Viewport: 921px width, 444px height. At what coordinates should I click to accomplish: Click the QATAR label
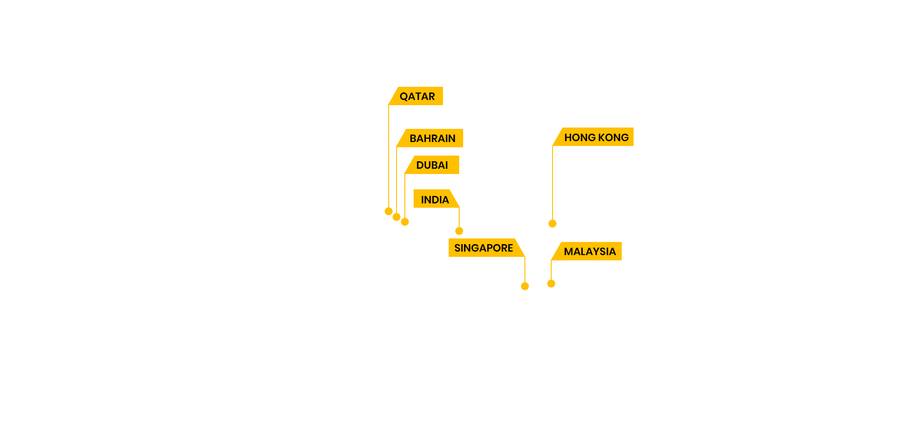coord(417,96)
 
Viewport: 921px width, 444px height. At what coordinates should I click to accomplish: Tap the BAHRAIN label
coord(432,139)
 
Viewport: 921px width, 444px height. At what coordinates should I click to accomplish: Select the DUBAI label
coord(432,165)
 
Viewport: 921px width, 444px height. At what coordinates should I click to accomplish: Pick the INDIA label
coord(435,200)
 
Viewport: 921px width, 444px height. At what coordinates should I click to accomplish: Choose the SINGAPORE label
coord(484,248)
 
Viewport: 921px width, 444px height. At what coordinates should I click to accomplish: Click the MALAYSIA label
coord(589,252)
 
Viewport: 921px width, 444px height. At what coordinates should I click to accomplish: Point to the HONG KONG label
coord(596,138)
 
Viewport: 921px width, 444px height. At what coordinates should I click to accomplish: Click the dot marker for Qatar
coord(389,211)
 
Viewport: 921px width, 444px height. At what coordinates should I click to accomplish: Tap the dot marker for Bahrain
coord(397,217)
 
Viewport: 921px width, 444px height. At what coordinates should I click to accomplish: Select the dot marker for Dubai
coord(405,222)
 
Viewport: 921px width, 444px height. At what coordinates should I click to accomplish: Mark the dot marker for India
coord(459,231)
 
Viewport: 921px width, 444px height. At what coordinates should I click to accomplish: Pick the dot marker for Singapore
coord(525,286)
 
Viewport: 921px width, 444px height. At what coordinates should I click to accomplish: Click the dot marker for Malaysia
coord(551,284)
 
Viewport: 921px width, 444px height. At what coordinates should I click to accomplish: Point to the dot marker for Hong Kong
coord(553,224)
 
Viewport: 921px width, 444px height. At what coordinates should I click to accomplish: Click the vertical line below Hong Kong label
coord(553,184)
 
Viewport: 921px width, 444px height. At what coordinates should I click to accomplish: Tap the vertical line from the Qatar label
coord(389,158)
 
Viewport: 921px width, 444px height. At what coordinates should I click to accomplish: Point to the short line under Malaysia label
coord(551,270)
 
